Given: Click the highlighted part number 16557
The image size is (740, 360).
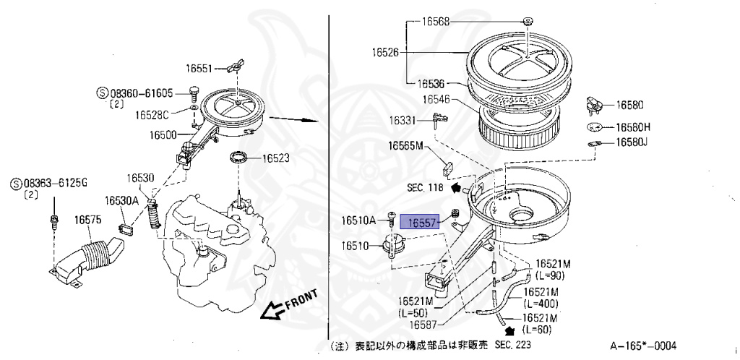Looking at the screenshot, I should click(421, 223).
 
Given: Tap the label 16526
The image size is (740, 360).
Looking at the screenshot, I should click(387, 52).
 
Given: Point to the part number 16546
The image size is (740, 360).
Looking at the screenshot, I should click(436, 99).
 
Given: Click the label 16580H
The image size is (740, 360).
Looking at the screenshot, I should click(633, 127).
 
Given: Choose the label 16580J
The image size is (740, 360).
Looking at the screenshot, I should click(631, 142).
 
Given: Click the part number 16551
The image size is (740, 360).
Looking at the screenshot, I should click(199, 69).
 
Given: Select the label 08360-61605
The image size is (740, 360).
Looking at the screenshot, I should click(141, 93).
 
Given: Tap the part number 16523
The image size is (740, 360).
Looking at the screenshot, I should click(276, 158).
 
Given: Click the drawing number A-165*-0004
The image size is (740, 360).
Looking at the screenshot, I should click(643, 346).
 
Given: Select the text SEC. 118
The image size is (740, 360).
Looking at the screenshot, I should click(425, 187).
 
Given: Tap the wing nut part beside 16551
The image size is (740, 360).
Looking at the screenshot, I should click(231, 68).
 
